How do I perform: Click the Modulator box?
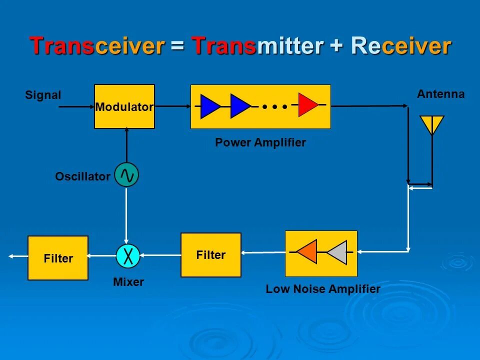point(124,106)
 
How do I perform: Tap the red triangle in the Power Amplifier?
point(307,105)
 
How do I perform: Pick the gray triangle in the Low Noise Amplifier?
point(337,252)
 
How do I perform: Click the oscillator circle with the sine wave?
point(126,175)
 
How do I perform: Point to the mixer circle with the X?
point(128,256)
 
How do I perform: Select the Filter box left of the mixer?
point(58,258)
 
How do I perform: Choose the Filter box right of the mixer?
point(210,255)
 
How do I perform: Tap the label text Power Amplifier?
point(260,142)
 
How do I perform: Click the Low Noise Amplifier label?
point(323,289)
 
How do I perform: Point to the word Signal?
point(43,95)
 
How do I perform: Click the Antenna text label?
point(440,94)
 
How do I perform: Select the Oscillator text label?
point(82,176)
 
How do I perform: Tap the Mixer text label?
point(128,282)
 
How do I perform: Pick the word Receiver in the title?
point(401,46)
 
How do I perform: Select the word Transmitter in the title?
point(258,46)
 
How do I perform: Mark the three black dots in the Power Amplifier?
point(274,106)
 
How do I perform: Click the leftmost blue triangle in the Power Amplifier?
point(209,106)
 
